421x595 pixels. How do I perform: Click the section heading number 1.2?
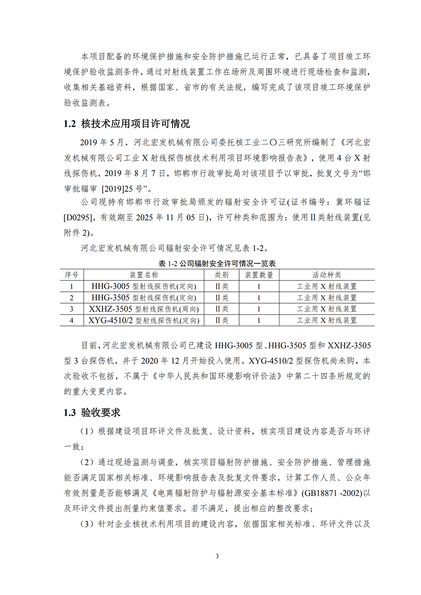point(70,124)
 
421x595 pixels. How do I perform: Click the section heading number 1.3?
point(70,413)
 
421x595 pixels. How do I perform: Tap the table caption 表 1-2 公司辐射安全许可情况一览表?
point(217,264)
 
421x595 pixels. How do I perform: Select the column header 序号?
point(72,275)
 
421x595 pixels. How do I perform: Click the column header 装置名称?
point(144,275)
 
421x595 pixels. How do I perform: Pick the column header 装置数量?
point(259,275)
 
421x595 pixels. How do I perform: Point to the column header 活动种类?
point(327,275)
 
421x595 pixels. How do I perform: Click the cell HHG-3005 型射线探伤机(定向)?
point(144,286)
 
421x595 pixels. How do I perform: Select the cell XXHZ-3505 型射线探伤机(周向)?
point(144,309)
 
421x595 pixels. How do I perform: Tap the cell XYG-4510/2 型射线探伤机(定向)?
point(144,320)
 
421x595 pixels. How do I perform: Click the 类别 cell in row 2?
point(222,298)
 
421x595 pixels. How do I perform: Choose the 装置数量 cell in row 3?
point(259,309)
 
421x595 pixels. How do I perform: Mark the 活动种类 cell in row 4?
point(327,320)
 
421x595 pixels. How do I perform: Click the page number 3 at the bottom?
point(217,556)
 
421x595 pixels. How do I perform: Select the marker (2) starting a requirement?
point(87,463)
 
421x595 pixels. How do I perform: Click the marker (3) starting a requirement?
point(87,524)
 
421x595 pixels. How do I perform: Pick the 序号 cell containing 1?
point(72,286)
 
